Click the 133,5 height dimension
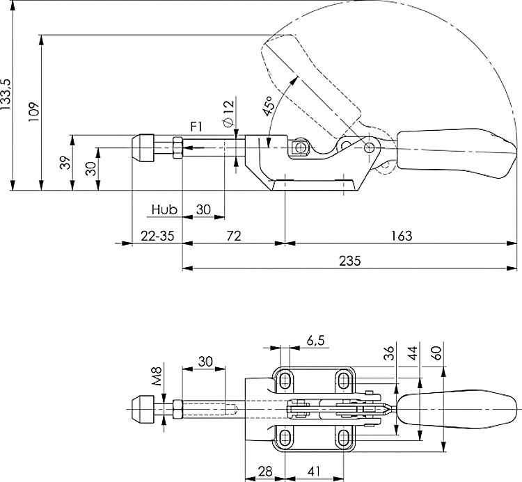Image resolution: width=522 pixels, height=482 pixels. pyautogui.click(x=6, y=95)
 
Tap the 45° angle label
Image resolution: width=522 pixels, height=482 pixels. pyautogui.click(x=267, y=105)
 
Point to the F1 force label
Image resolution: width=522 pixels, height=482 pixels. pyautogui.click(x=196, y=127)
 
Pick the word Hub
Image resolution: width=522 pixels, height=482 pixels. pyautogui.click(x=165, y=209)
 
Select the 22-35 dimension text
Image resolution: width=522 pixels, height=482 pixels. pyautogui.click(x=157, y=236)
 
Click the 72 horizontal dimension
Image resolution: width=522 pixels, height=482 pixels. pyautogui.click(x=233, y=236)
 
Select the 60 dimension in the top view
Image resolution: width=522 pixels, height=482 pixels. pyautogui.click(x=436, y=353)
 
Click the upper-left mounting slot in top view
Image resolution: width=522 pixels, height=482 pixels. pyautogui.click(x=286, y=380)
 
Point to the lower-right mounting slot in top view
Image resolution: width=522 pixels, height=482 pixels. pyautogui.click(x=343, y=437)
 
